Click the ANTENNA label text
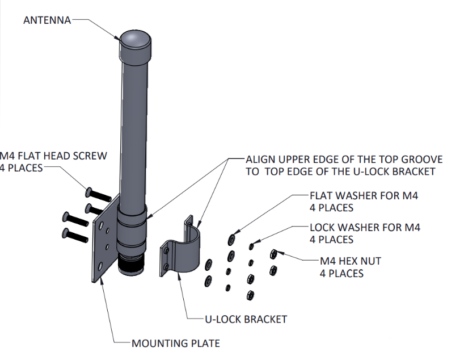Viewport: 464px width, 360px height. [x=47, y=20]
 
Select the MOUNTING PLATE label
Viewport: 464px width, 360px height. [x=175, y=343]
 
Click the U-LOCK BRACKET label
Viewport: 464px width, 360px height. [x=245, y=319]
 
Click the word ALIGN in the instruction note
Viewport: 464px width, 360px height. [x=259, y=160]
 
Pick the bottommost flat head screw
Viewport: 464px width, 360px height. [x=73, y=235]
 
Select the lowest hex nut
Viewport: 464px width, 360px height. [x=250, y=295]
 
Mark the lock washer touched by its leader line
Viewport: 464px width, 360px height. [x=252, y=246]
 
